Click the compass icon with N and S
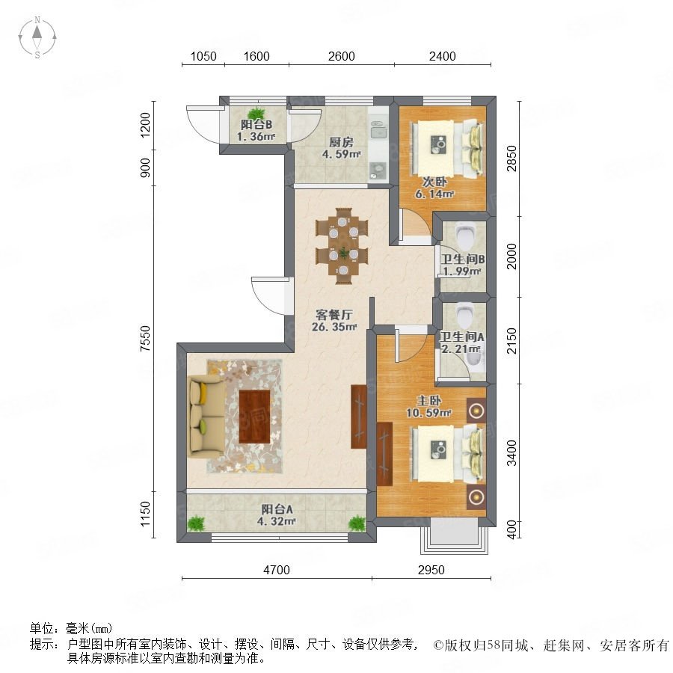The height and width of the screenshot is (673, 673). (x=37, y=37)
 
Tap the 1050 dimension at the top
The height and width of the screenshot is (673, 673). (x=203, y=56)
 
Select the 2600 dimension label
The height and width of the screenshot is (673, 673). (x=341, y=56)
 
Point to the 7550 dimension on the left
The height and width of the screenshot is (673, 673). (x=146, y=339)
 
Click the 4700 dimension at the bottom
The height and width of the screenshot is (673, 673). (x=277, y=570)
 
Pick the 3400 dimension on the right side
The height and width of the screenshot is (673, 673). (x=511, y=452)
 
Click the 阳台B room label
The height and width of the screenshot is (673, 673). (x=256, y=125)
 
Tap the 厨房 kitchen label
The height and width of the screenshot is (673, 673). (x=341, y=142)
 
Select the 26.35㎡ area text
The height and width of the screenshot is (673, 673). (x=334, y=327)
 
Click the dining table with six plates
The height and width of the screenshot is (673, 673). (x=342, y=246)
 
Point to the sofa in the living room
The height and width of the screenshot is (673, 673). (x=206, y=415)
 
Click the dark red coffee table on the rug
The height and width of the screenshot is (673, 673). (x=254, y=417)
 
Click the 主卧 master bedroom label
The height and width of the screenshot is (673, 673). (x=429, y=401)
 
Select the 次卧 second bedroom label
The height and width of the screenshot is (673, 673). (x=434, y=182)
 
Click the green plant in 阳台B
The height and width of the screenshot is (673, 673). (x=256, y=113)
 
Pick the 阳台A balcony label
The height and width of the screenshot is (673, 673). (x=277, y=509)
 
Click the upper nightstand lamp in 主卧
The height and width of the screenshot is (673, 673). (x=476, y=411)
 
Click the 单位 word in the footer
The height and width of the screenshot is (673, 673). (x=41, y=629)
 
